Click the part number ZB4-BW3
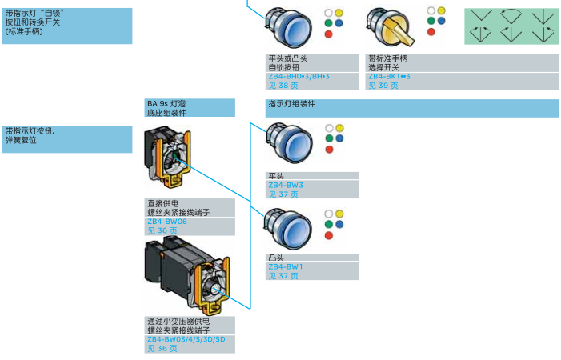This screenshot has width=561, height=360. click(x=285, y=185)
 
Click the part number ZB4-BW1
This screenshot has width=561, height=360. click(x=285, y=266)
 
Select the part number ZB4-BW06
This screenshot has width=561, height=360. click(x=166, y=221)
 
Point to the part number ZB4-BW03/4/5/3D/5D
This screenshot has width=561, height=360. click(x=185, y=339)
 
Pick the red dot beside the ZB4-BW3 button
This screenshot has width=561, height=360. click(x=329, y=154)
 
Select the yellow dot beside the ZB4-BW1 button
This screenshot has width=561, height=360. click(x=339, y=214)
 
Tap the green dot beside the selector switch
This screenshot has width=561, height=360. click(x=431, y=21)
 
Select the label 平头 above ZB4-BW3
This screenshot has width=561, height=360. click(x=276, y=176)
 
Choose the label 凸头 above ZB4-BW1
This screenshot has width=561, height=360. click(x=276, y=258)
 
